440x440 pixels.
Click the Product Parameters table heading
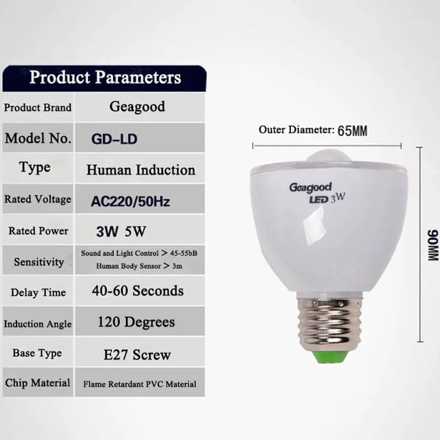105,77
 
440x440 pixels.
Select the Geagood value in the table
137,107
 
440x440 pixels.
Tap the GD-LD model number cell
114,139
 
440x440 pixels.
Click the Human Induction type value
141,170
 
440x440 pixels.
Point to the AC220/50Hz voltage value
130,201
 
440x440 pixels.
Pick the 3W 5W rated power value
121,232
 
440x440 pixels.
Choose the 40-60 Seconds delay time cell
138,291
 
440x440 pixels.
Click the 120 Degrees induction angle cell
136,322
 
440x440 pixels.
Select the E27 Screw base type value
137,355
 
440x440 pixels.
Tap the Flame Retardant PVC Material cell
140,384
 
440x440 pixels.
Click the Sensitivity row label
39,262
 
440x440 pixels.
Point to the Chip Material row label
37,383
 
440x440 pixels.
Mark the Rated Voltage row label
38,199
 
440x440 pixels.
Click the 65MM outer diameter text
353,131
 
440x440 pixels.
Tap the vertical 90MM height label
433,245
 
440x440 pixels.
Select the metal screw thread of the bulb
328,323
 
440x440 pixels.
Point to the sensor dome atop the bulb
329,156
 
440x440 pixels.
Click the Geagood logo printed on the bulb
310,188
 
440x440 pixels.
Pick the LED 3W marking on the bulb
327,199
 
